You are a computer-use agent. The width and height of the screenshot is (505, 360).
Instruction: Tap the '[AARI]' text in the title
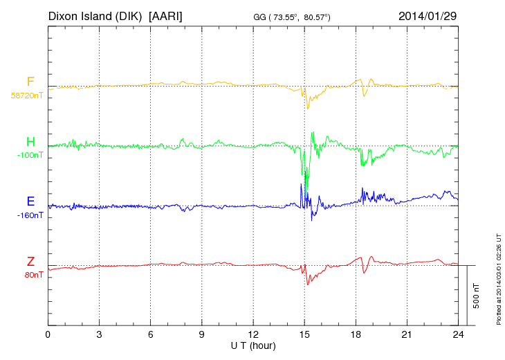(x=165, y=15)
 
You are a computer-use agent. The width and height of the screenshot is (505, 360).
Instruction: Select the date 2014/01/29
(x=428, y=15)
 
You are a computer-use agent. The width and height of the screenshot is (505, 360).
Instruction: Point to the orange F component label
(x=30, y=82)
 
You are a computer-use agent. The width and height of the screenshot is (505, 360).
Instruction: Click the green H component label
(x=30, y=143)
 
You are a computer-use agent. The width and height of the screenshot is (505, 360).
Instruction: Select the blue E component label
(x=30, y=201)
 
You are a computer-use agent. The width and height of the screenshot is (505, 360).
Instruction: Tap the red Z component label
(x=30, y=262)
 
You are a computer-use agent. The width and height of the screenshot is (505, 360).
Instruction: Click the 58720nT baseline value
(x=26, y=96)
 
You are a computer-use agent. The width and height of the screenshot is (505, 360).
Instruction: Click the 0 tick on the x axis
(x=48, y=334)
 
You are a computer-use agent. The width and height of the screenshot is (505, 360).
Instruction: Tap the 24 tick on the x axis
(x=457, y=334)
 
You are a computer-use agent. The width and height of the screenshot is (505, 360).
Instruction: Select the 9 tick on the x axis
(x=201, y=334)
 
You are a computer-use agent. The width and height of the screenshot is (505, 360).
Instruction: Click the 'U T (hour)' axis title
(x=253, y=345)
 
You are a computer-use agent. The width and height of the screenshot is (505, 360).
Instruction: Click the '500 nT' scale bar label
(x=476, y=295)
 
